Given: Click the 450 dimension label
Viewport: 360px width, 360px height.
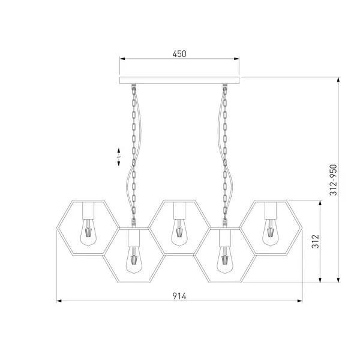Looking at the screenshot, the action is (x=179, y=54).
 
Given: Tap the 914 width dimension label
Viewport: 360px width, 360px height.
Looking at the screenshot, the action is (x=179, y=296).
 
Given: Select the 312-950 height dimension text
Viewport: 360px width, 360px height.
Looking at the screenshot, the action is (x=333, y=180).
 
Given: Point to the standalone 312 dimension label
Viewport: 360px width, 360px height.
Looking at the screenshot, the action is (x=316, y=241).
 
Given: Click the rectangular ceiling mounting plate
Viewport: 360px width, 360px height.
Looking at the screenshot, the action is (x=179, y=80).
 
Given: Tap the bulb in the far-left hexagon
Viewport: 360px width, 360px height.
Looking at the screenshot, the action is (x=88, y=232).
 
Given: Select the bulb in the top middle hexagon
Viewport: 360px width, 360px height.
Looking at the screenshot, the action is (x=179, y=232).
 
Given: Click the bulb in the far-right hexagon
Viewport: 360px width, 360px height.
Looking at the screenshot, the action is (x=271, y=232).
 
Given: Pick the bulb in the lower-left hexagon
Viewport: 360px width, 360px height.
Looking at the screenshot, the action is (x=134, y=260).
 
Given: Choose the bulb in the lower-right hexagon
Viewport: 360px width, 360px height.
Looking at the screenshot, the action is (x=225, y=260).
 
